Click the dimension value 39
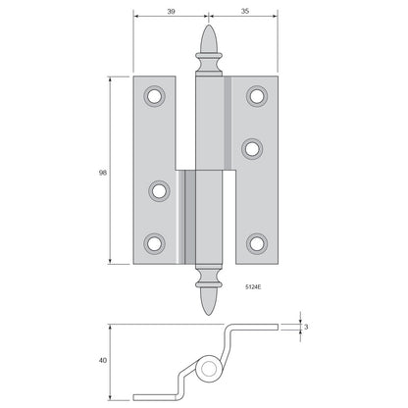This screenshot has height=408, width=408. pos(171,12)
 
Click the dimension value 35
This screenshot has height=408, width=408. pos(245,11)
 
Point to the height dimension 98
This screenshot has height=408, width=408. pos(103,173)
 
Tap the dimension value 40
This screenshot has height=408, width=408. pos(103,360)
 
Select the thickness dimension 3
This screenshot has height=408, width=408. pos(306,327)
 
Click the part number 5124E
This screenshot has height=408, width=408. pos(253,287)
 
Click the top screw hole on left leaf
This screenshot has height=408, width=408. pos(154,96)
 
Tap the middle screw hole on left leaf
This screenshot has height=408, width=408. pos(159,191)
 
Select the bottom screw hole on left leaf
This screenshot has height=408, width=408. pos(154,243)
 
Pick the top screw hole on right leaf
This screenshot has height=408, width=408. pos(257,96)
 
